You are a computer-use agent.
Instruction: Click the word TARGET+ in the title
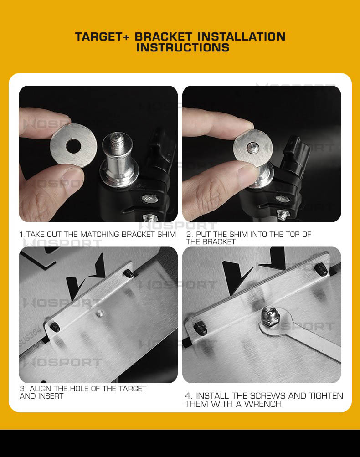coord(102,37)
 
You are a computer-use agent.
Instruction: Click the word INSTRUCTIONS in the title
coord(183,47)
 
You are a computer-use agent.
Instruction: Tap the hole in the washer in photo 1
coord(73,146)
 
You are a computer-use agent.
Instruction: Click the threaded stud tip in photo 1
coord(118,139)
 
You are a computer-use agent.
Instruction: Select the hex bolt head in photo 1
coord(149,200)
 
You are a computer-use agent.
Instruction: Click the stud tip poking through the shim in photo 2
coord(252,148)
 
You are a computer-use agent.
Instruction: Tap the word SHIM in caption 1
coord(166,234)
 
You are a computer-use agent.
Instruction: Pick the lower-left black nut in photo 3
coord(55,327)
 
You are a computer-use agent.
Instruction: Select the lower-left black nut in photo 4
coord(200,328)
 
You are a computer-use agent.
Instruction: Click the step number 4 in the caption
coord(188,396)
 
